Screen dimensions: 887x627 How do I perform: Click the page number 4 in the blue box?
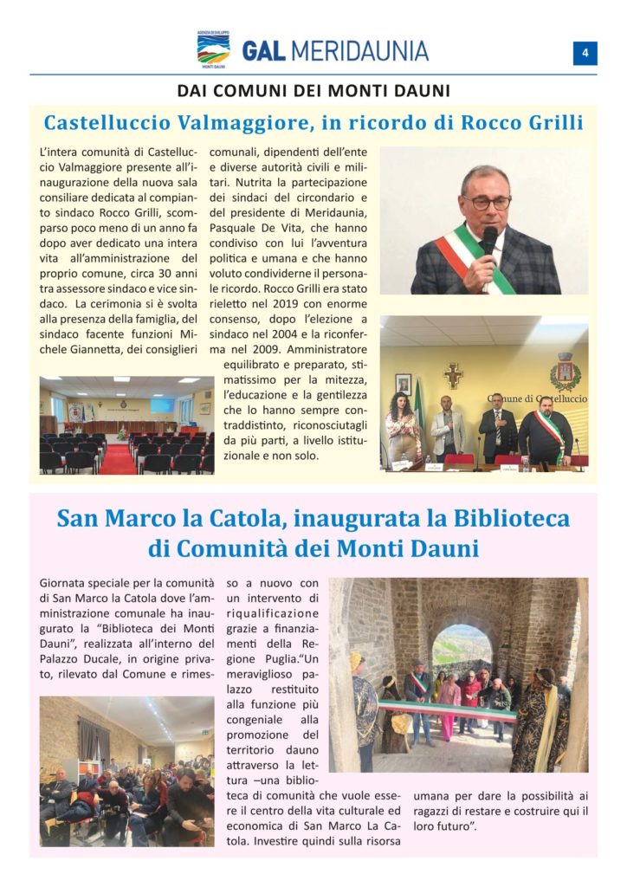point(585,53)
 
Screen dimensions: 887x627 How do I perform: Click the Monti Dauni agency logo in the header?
point(213,49)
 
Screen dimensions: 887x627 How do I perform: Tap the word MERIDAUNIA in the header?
point(359,50)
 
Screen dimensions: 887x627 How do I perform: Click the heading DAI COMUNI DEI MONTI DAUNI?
point(313,90)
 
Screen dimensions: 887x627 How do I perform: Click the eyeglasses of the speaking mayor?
point(487,203)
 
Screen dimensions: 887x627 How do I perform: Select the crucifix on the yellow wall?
point(453,374)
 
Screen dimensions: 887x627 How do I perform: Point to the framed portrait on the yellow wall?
point(403,384)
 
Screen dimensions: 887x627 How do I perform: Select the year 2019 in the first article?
point(283,304)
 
